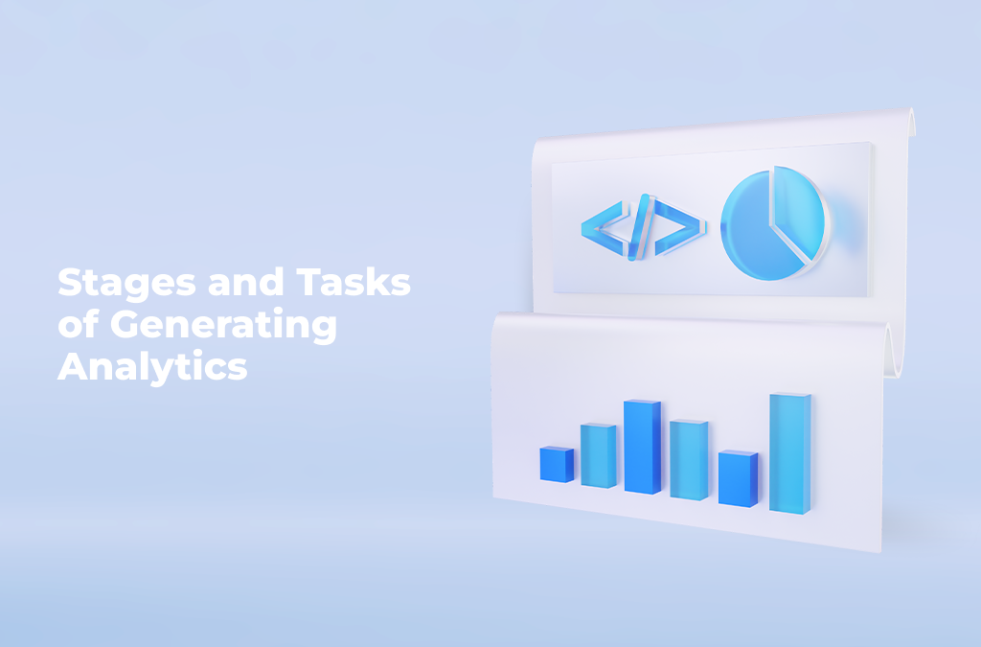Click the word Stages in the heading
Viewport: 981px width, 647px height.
coord(127,284)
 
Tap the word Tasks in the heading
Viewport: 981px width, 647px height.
coord(354,282)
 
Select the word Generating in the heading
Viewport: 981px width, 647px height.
coord(224,326)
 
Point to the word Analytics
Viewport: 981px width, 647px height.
coord(152,368)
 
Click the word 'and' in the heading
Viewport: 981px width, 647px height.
coord(246,282)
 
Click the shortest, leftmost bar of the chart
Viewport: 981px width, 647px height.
coord(557,464)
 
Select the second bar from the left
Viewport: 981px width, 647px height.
coord(598,455)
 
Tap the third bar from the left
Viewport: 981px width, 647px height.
coord(642,447)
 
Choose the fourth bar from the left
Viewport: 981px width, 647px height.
coord(689,460)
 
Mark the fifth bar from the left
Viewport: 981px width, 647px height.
coord(739,478)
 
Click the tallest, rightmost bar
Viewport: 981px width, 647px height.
coord(790,453)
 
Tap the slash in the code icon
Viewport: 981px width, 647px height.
coord(640,227)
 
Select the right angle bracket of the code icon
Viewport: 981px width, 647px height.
coord(680,228)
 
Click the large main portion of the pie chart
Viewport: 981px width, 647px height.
coord(754,232)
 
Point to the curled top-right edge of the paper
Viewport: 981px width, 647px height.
coord(912,122)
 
